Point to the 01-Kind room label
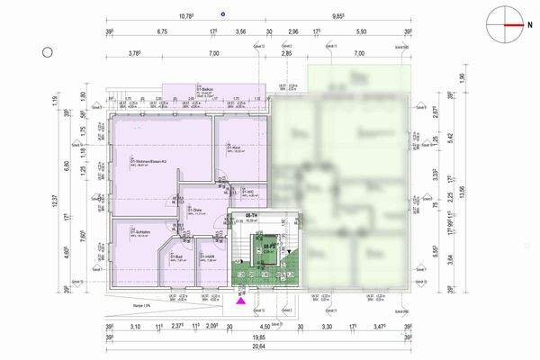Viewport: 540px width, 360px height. (232, 148)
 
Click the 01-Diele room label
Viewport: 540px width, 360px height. (196, 211)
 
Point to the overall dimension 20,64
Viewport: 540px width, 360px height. (258, 346)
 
